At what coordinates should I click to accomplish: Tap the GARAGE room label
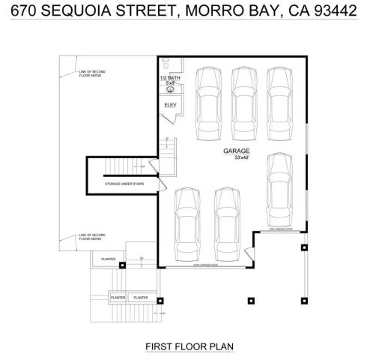tap(236, 151)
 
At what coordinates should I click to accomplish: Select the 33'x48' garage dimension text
tap(240, 157)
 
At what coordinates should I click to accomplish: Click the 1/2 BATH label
tap(170, 78)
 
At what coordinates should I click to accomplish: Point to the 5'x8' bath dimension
tap(170, 83)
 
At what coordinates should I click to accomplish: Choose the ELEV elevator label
tap(170, 105)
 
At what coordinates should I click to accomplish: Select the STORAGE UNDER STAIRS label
tap(124, 183)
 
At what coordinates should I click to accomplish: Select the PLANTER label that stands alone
tap(106, 261)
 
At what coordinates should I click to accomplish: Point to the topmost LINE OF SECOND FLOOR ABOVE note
tap(92, 73)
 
